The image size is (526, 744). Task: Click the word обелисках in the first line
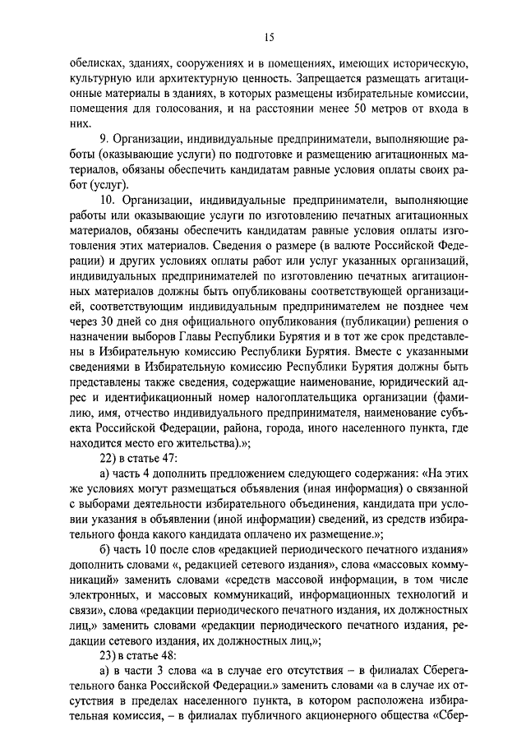point(92,65)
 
